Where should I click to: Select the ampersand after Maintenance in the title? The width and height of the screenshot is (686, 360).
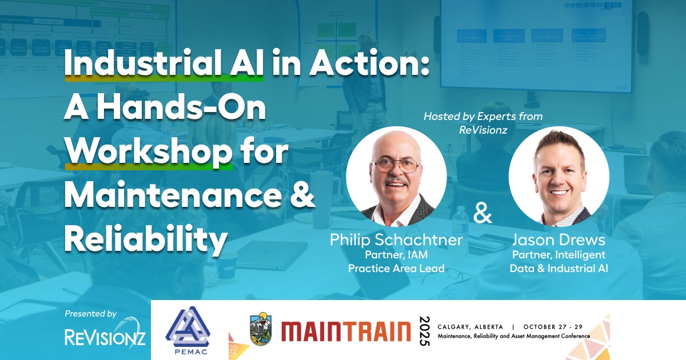(x=302, y=196)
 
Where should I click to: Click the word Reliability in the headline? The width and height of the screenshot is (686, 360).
(x=145, y=239)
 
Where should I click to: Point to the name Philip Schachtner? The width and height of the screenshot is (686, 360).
(x=396, y=240)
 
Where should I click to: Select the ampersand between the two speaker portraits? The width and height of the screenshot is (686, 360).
(x=483, y=214)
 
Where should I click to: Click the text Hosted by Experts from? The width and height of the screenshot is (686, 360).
(x=483, y=117)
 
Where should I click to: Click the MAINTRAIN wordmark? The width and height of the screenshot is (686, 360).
(x=345, y=331)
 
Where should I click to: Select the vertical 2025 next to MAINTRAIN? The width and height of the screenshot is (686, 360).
(x=424, y=330)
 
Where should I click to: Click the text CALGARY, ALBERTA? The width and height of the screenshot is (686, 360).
(x=470, y=327)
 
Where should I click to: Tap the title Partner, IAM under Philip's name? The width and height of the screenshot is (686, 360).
(x=396, y=255)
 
